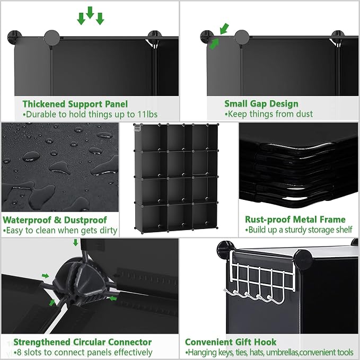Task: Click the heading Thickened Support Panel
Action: [x=75, y=104]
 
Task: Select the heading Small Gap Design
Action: [x=261, y=104]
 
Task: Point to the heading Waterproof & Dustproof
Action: [x=55, y=220]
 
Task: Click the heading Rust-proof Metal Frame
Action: [x=295, y=219]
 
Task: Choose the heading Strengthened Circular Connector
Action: [x=82, y=342]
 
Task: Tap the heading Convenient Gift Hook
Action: [x=231, y=342]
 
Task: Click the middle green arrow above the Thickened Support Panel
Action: [x=90, y=12]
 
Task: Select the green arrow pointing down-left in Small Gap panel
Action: [x=224, y=29]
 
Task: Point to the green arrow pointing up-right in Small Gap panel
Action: [x=214, y=43]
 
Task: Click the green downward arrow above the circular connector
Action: [x=75, y=242]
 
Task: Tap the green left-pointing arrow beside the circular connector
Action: [x=113, y=298]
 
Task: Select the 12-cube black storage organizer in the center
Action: [x=176, y=178]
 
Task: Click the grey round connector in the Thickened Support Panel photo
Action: [x=52, y=38]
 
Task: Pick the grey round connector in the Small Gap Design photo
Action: [x=242, y=37]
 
